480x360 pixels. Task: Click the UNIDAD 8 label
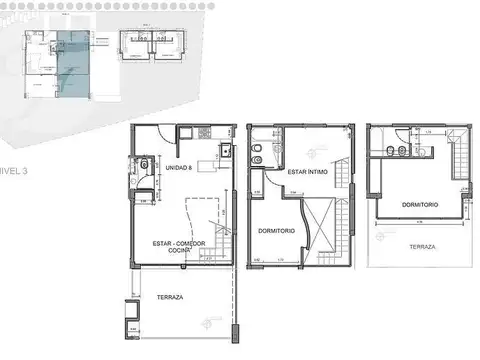click(x=179, y=167)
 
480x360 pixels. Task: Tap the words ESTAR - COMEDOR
click(x=179, y=243)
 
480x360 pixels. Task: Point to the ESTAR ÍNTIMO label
click(x=304, y=172)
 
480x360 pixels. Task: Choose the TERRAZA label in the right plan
click(x=408, y=244)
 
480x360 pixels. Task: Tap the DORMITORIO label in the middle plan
click(x=275, y=231)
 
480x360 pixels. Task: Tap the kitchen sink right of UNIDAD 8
click(x=225, y=153)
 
